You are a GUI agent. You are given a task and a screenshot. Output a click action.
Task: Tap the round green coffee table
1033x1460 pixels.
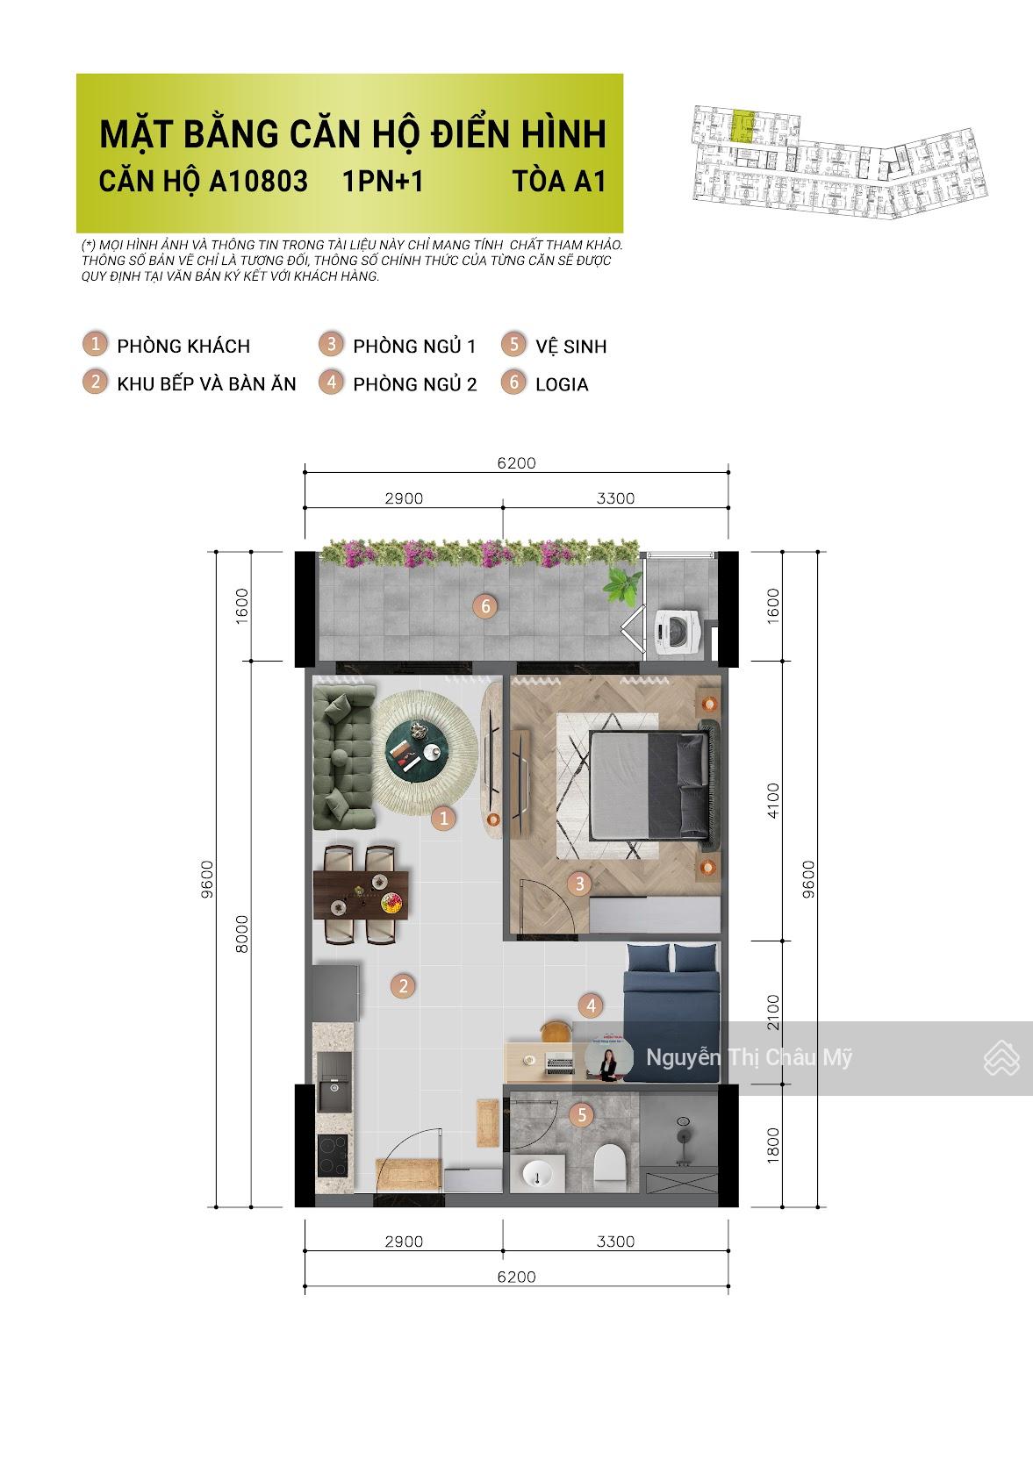pos(416,748)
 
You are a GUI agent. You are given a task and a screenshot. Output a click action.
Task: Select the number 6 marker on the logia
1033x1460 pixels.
pos(484,605)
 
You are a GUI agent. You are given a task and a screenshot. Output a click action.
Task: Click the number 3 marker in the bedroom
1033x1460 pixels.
pos(579,884)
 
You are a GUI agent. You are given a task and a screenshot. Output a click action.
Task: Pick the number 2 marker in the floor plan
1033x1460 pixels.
pos(404,985)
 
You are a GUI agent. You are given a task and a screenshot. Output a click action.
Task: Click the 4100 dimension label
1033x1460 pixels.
pos(773,800)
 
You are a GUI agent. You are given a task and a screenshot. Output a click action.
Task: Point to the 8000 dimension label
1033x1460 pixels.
pos(243,933)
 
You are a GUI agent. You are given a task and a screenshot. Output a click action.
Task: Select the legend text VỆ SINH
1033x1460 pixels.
pos(570,347)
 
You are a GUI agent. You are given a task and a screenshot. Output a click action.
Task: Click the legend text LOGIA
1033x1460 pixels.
pos(562,384)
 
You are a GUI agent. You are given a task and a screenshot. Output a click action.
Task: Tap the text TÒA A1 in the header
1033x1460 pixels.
pos(559,181)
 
